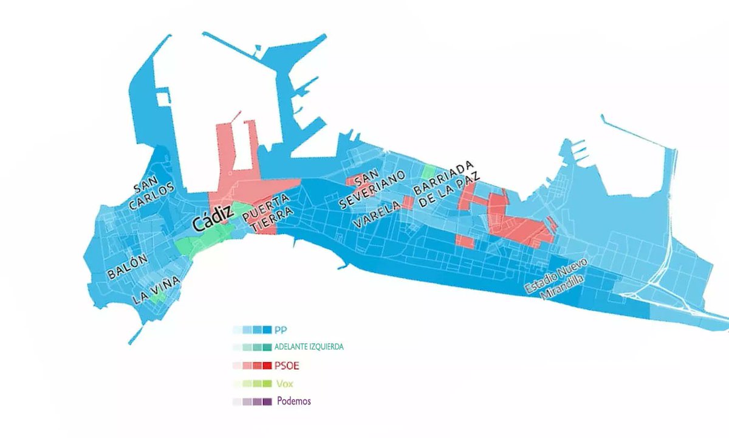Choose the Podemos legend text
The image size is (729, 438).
294,401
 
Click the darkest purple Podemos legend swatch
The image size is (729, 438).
268,401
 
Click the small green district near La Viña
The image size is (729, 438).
157,297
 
